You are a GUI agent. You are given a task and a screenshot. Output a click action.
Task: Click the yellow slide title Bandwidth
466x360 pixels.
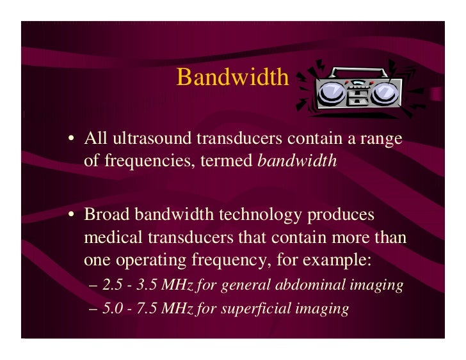tap(233, 77)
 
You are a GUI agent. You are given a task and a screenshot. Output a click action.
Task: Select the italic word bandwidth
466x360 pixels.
tap(297, 160)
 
